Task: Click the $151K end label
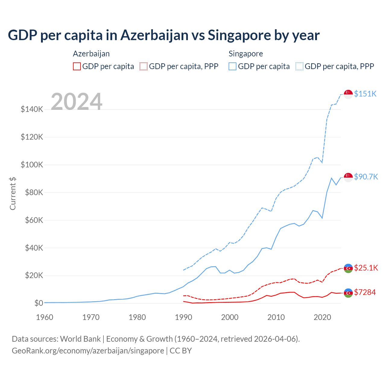[365, 94]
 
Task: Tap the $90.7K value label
[366, 177]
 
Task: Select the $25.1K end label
[366, 268]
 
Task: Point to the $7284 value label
[365, 292]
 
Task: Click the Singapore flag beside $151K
[348, 94]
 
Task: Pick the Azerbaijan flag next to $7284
[348, 293]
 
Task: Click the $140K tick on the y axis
[32, 109]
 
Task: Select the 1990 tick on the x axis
[183, 317]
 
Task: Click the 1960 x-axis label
[45, 317]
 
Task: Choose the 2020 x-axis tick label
[322, 317]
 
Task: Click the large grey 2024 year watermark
[77, 102]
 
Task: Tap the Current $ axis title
[13, 193]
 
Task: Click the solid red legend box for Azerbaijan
[77, 66]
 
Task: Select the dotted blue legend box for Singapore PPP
[299, 66]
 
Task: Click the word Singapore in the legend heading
[246, 54]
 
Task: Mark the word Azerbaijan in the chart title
[155, 35]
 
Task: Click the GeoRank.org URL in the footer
[88, 351]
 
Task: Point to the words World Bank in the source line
[80, 339]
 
